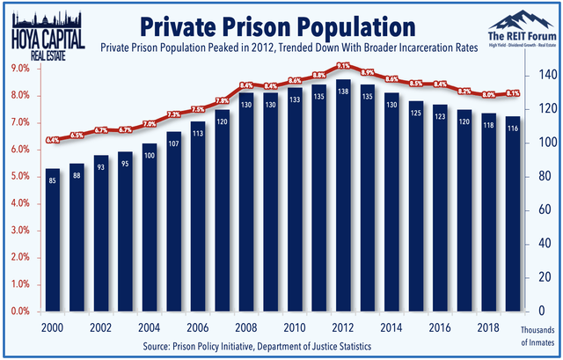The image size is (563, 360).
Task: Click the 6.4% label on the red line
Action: coord(53,140)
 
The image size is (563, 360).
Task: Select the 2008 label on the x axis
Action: coord(247,326)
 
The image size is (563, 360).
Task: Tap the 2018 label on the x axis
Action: coord(488,326)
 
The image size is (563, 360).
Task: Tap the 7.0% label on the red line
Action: coord(150,124)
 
